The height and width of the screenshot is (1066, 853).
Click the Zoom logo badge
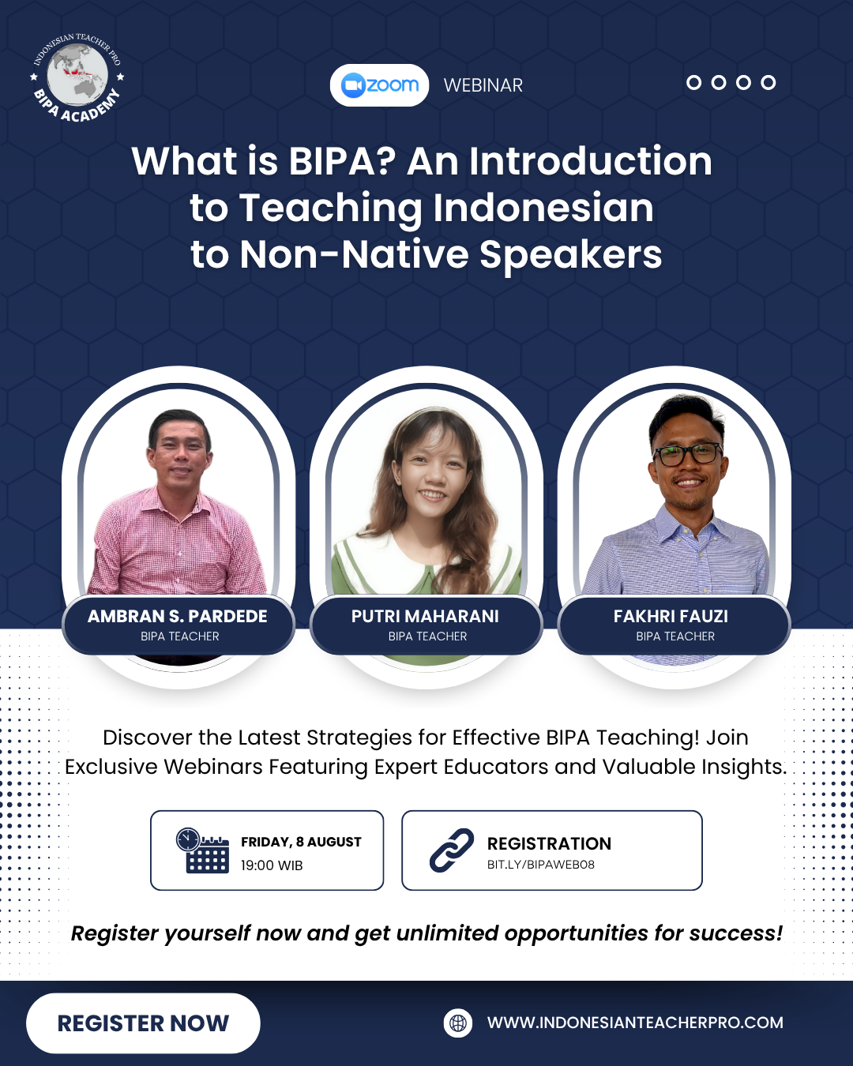(x=379, y=85)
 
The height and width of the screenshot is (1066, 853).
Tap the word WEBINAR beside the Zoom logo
(x=483, y=86)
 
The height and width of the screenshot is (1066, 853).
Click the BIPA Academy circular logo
(x=77, y=77)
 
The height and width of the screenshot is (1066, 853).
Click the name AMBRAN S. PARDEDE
(x=178, y=616)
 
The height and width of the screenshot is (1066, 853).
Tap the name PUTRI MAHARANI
(x=425, y=616)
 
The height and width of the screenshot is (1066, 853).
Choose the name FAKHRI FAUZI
(x=671, y=616)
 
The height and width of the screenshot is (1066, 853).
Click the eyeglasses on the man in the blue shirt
(x=687, y=454)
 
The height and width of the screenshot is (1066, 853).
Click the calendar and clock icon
(x=203, y=850)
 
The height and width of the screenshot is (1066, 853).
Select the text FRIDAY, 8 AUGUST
(x=302, y=842)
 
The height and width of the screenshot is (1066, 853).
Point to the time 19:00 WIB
(x=272, y=865)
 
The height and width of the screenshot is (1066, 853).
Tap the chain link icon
(x=452, y=850)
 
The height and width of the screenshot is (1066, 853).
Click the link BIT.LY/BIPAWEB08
(x=541, y=865)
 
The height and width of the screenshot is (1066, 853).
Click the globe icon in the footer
(x=458, y=1023)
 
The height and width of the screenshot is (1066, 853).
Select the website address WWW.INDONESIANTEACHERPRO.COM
(x=636, y=1023)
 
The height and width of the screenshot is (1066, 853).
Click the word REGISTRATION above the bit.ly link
(x=549, y=843)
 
